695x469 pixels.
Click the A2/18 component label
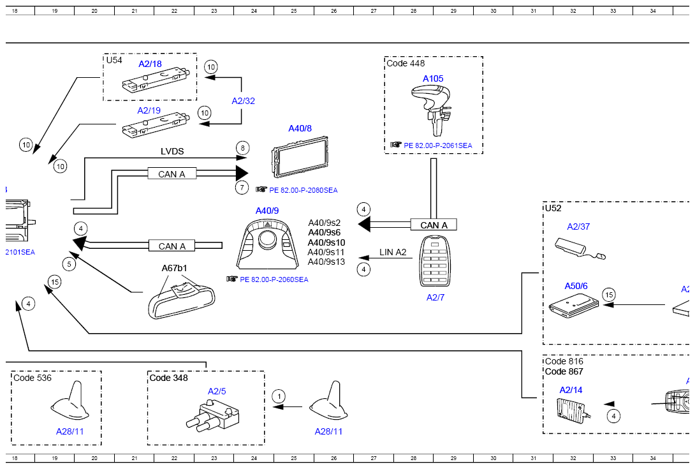coord(150,64)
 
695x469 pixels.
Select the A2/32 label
coord(244,101)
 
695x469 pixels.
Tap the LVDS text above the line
coord(172,151)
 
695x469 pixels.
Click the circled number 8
coord(242,148)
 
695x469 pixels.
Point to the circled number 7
coord(242,188)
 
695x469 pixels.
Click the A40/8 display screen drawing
coord(299,157)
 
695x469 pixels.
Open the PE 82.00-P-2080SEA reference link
coord(303,190)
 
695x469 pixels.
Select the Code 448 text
coord(406,63)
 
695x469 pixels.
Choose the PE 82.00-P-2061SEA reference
coord(438,145)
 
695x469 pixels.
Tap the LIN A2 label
coord(393,252)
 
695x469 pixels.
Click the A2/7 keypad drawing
coord(435,261)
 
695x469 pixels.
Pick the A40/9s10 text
coord(326,242)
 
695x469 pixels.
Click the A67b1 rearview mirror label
coord(174,268)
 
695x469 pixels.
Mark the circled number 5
coord(69,264)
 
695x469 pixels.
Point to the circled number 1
coord(279,396)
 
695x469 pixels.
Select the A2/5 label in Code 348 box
coord(217,391)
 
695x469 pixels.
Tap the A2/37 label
coord(578,227)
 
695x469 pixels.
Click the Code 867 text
coord(564,372)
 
